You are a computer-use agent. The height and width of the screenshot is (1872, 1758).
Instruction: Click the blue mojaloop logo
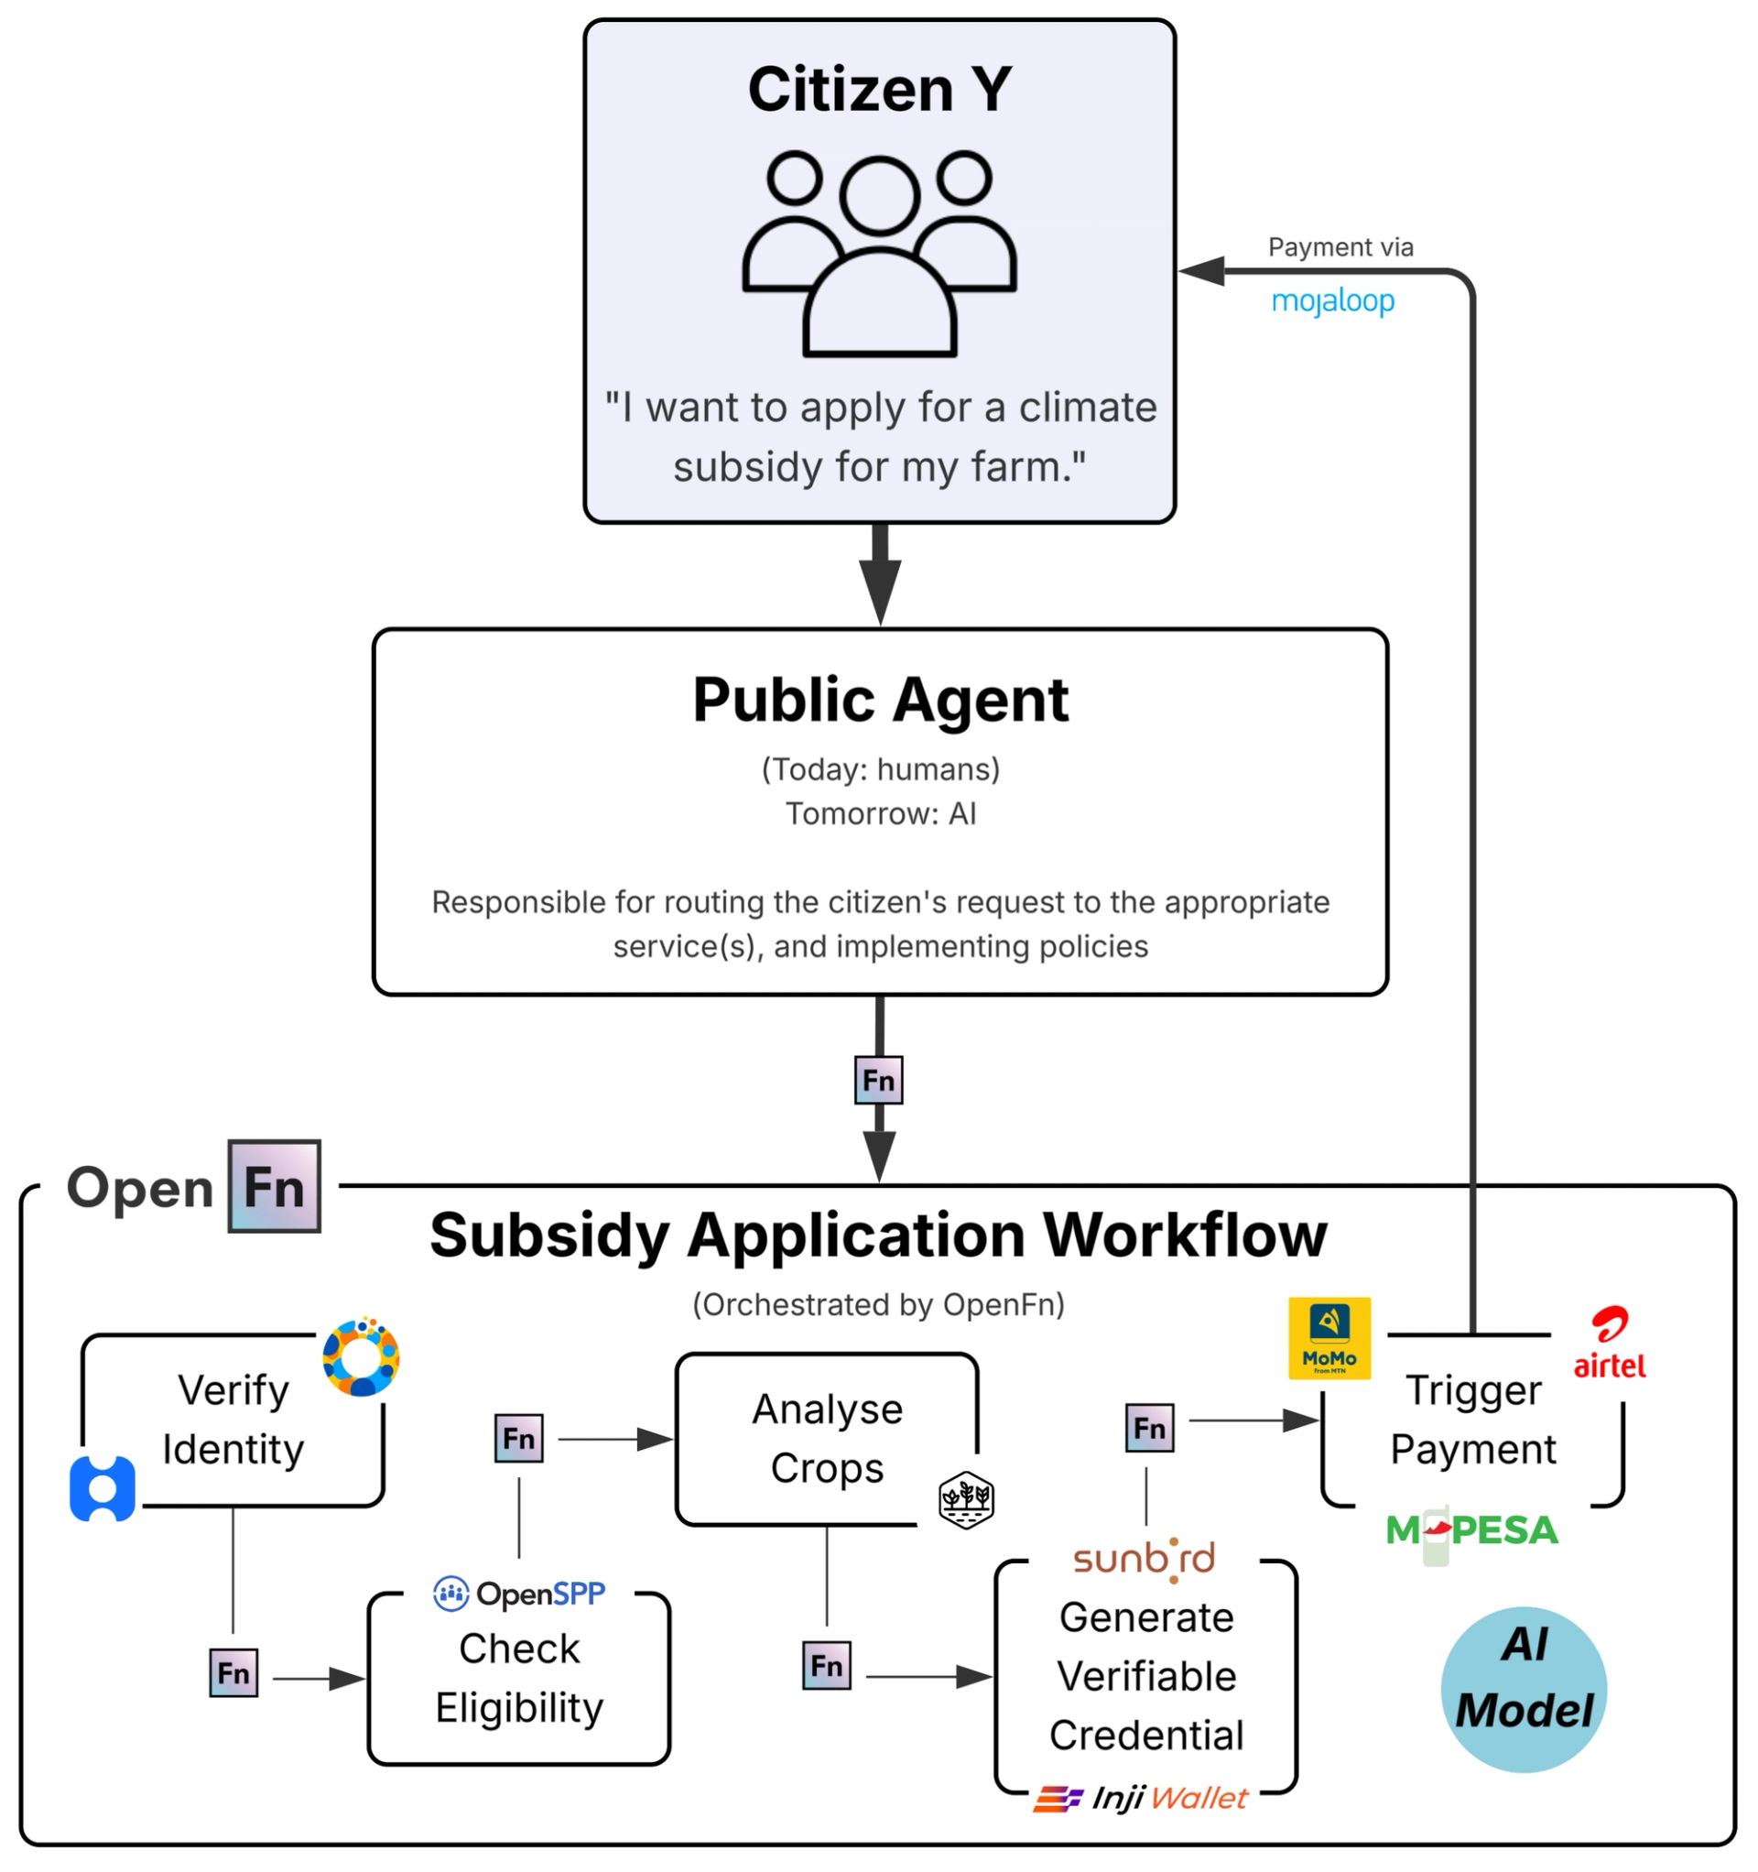pos(1331,301)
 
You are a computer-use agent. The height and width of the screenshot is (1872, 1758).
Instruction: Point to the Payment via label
pos(1339,246)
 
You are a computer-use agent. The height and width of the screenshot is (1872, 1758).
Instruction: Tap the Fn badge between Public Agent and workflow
pos(877,1079)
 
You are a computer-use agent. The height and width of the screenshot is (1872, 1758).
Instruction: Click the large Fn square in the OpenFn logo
pos(274,1185)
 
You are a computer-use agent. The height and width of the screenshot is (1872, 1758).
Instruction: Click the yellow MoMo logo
pos(1328,1337)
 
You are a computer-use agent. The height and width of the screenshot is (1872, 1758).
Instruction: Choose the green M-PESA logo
pos(1470,1530)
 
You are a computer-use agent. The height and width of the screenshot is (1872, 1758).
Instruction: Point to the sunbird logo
pos(1143,1559)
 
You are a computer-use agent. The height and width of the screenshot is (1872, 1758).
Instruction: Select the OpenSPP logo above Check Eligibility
pos(519,1594)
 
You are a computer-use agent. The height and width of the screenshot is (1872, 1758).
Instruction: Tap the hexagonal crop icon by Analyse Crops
pos(965,1498)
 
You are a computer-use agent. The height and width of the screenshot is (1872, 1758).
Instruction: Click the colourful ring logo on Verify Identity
pos(361,1356)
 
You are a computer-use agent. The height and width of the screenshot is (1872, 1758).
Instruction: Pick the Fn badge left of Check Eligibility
pos(233,1672)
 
